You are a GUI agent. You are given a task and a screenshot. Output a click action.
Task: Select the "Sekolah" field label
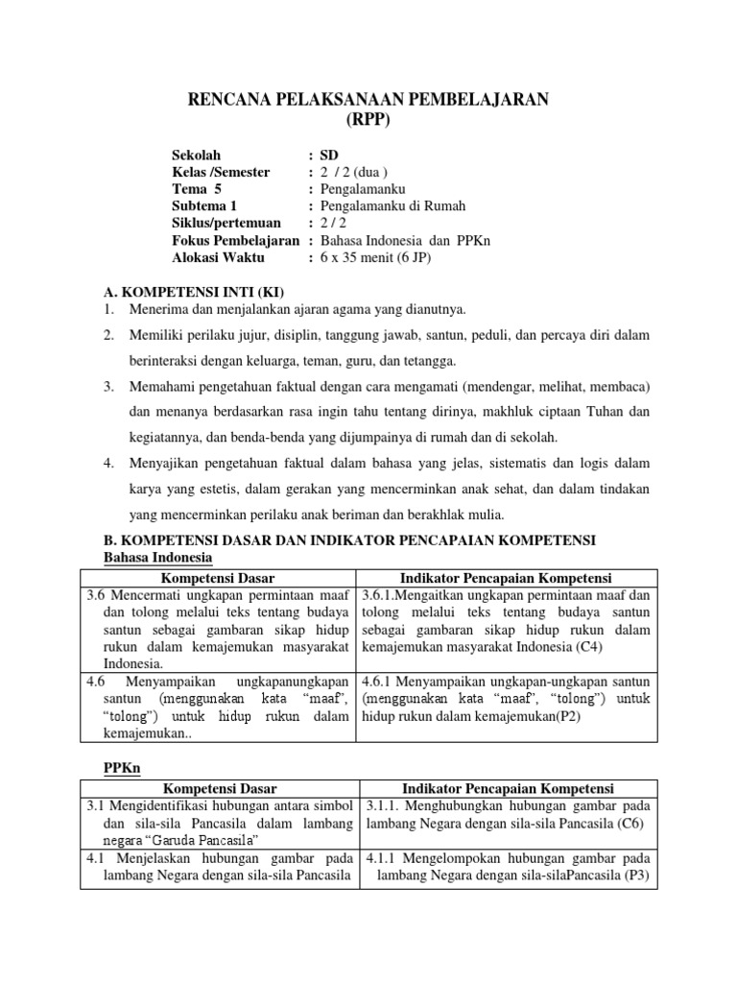(x=196, y=155)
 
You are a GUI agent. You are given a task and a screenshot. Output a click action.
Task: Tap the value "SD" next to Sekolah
(x=329, y=155)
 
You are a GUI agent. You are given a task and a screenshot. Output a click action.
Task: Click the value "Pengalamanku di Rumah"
(x=392, y=206)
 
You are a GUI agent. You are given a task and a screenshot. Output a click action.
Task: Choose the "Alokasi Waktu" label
(x=216, y=258)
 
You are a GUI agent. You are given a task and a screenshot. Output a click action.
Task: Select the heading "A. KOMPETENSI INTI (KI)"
(x=194, y=292)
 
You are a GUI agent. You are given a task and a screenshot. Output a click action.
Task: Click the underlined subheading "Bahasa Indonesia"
(x=157, y=557)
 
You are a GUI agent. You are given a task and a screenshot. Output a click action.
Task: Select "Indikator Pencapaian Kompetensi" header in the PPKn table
(x=507, y=788)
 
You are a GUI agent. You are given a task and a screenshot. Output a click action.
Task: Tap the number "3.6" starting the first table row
(x=96, y=595)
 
